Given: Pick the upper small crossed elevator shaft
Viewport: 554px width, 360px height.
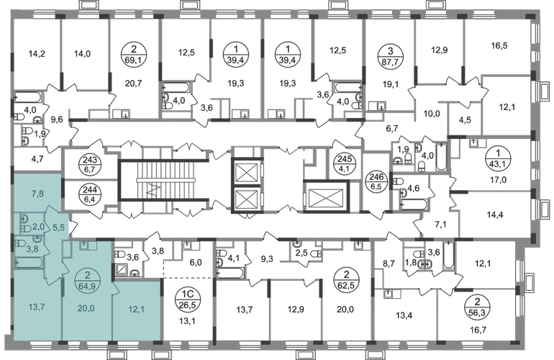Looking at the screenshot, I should click(x=246, y=173).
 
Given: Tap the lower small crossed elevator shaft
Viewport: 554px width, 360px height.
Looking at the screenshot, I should click(x=246, y=199).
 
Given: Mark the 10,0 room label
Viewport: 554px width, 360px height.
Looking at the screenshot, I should click(x=430, y=113).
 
